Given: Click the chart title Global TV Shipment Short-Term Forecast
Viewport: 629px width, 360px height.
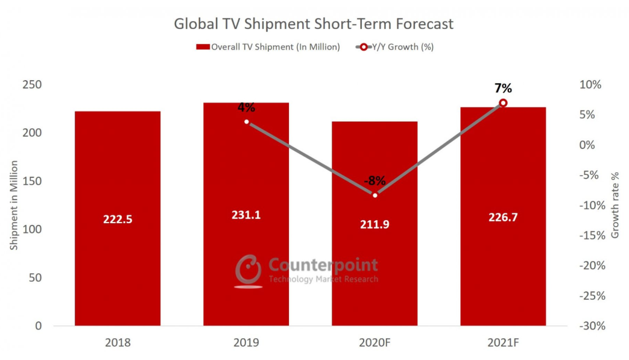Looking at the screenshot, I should click(x=314, y=24).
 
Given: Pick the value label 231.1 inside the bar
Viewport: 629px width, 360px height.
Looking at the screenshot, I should click(x=246, y=215).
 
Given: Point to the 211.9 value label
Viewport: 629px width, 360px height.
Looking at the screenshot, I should click(x=375, y=224).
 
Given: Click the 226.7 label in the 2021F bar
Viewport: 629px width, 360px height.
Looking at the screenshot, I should click(x=504, y=218).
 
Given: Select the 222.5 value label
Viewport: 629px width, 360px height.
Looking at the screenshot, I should click(x=118, y=219).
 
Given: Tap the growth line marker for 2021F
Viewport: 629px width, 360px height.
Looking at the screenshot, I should click(x=503, y=103).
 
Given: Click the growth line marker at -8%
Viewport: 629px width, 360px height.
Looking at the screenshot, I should click(x=375, y=195).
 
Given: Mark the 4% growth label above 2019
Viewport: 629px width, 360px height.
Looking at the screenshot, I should click(x=246, y=108).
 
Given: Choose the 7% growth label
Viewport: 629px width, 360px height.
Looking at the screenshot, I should click(x=503, y=89).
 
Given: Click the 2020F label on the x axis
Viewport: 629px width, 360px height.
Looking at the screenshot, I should click(x=375, y=343).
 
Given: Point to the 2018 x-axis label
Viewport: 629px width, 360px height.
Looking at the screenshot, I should click(x=118, y=343).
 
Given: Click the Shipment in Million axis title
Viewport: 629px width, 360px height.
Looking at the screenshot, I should click(x=14, y=205).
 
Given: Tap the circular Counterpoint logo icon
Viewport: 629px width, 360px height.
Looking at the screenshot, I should click(x=248, y=270).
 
